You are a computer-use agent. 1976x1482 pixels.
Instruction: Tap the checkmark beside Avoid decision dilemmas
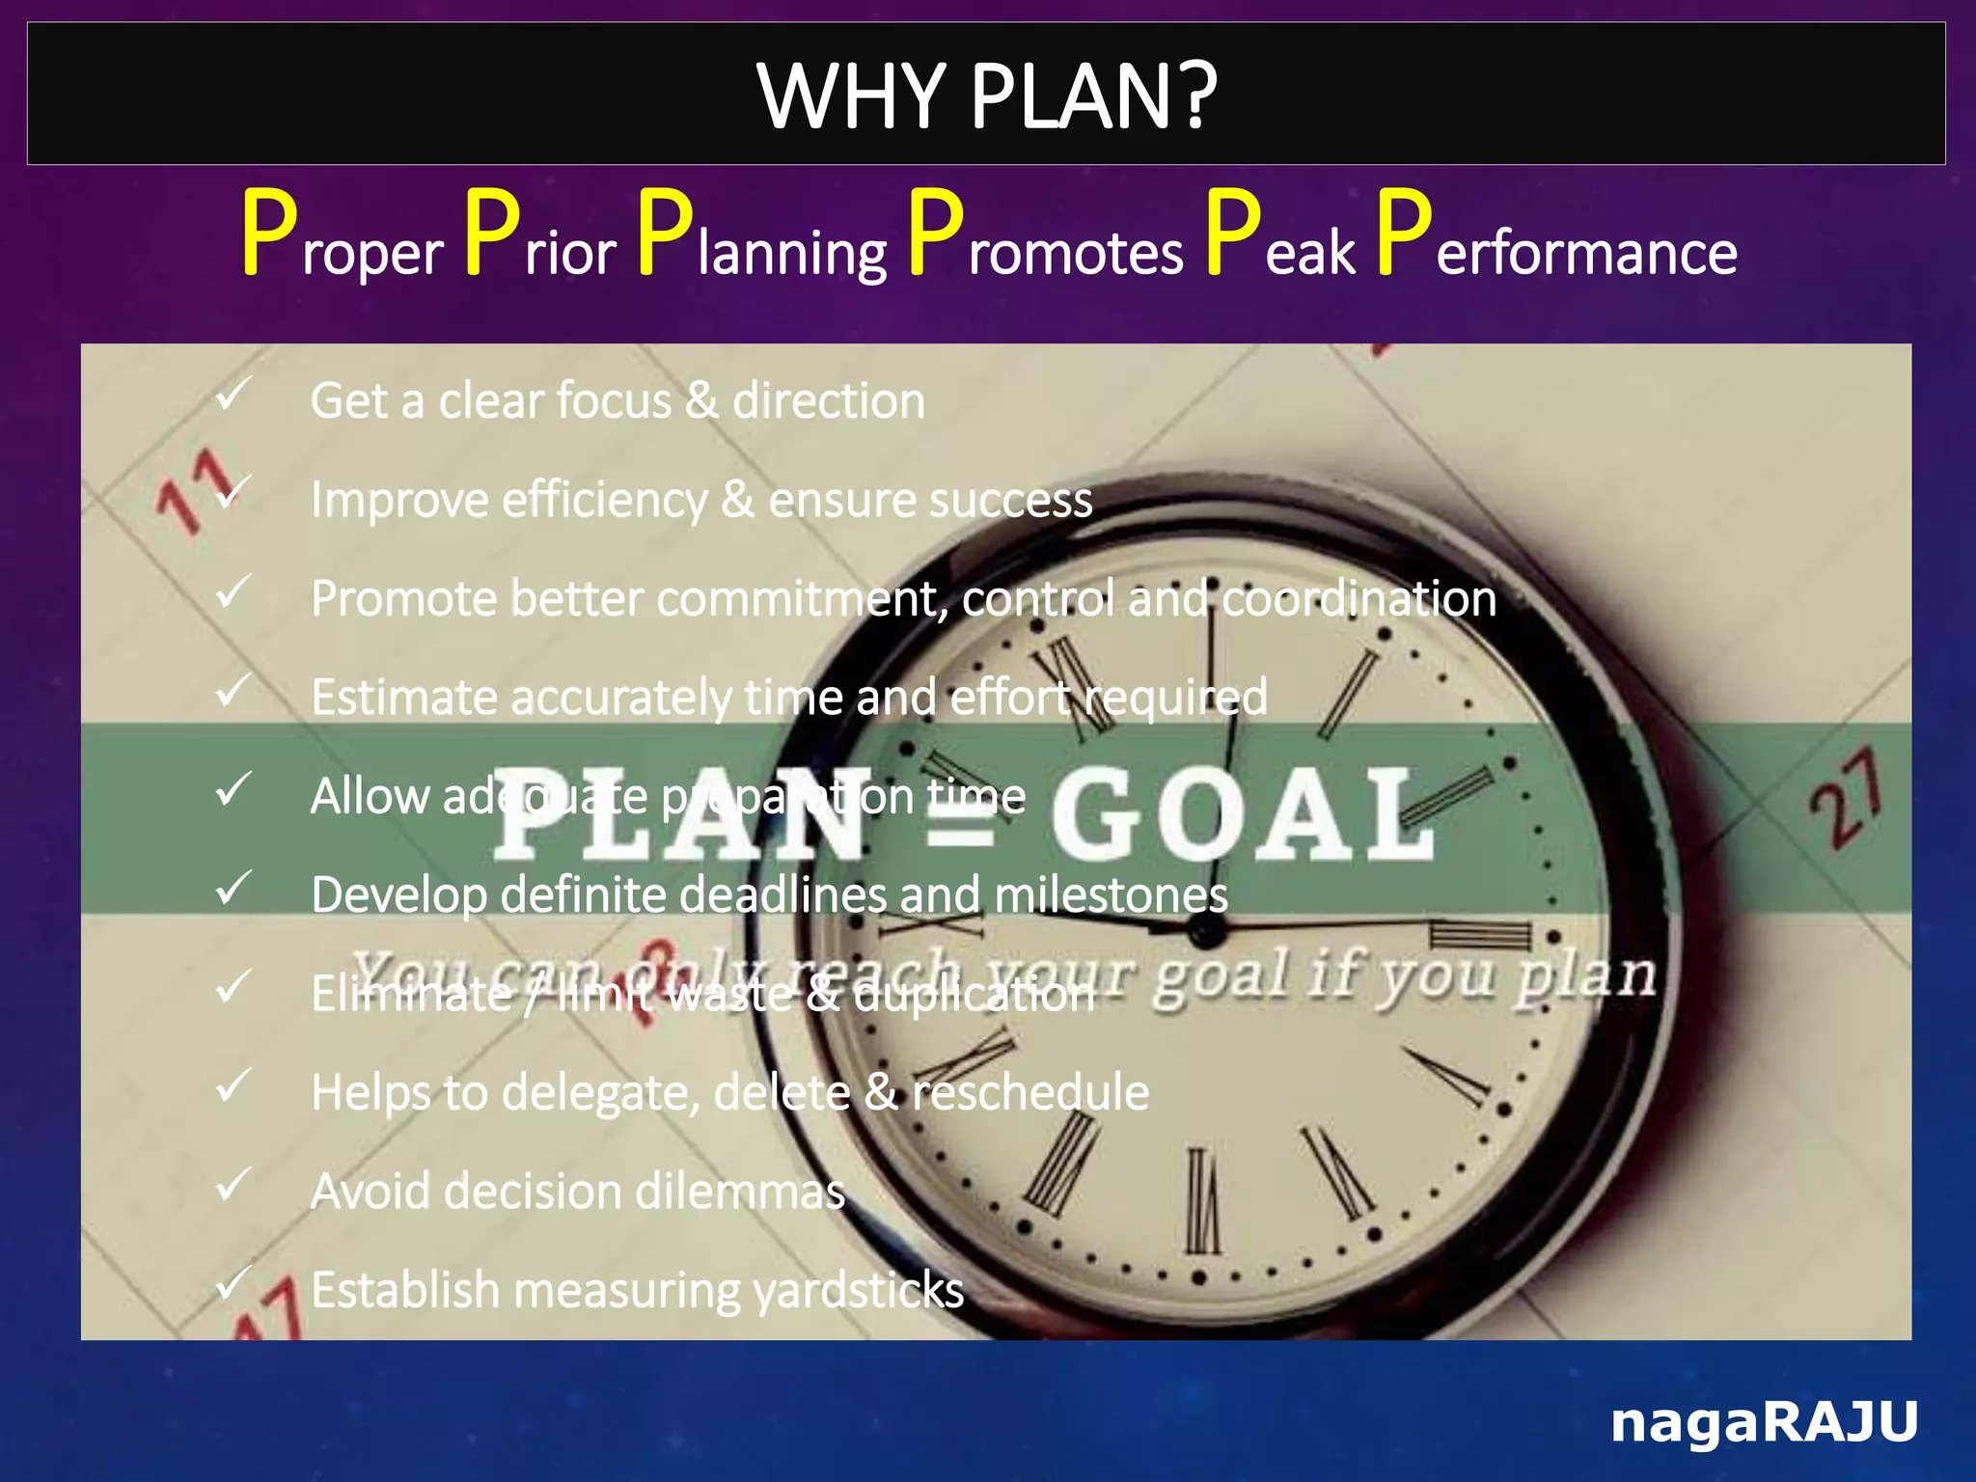(233, 1184)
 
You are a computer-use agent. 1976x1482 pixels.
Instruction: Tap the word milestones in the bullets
(1111, 895)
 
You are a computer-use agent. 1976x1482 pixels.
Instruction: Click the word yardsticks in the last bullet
(858, 1291)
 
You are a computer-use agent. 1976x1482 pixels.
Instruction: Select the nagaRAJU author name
(1765, 1421)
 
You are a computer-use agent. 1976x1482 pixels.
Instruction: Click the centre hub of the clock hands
(1205, 930)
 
